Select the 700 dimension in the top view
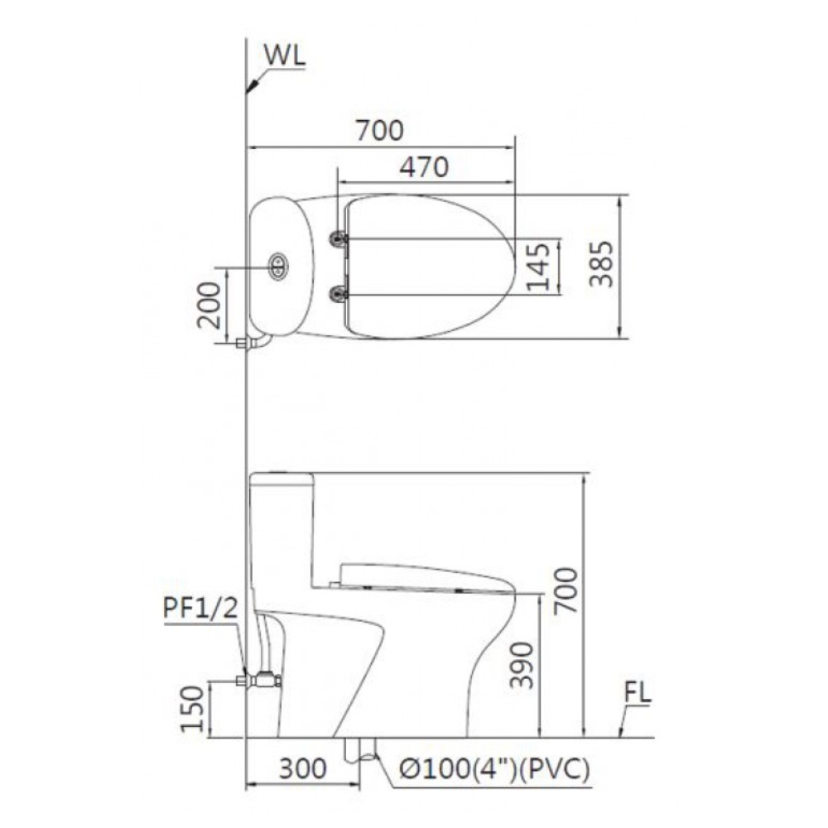pyautogui.click(x=379, y=130)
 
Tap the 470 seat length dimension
pyautogui.click(x=423, y=166)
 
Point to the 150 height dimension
pyautogui.click(x=193, y=709)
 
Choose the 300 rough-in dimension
pyautogui.click(x=301, y=769)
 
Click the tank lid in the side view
pyautogui.click(x=282, y=478)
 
